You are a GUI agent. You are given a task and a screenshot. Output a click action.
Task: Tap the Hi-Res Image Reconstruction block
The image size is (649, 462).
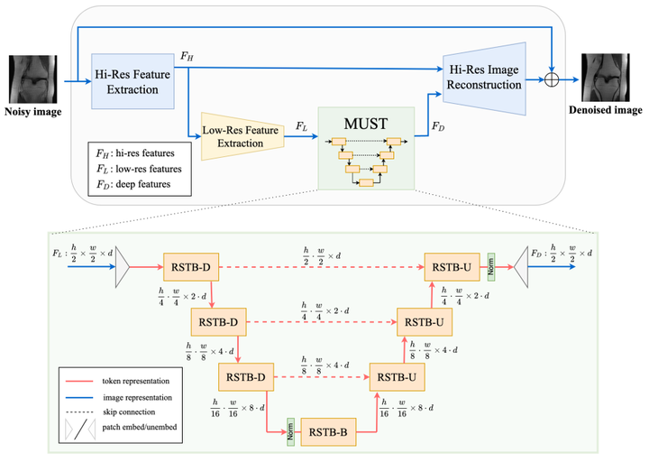point(483,79)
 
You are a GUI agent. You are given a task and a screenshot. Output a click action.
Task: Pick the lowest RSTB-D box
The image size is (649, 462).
point(247,375)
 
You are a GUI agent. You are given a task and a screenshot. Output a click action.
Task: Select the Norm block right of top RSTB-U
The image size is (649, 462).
point(492,266)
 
